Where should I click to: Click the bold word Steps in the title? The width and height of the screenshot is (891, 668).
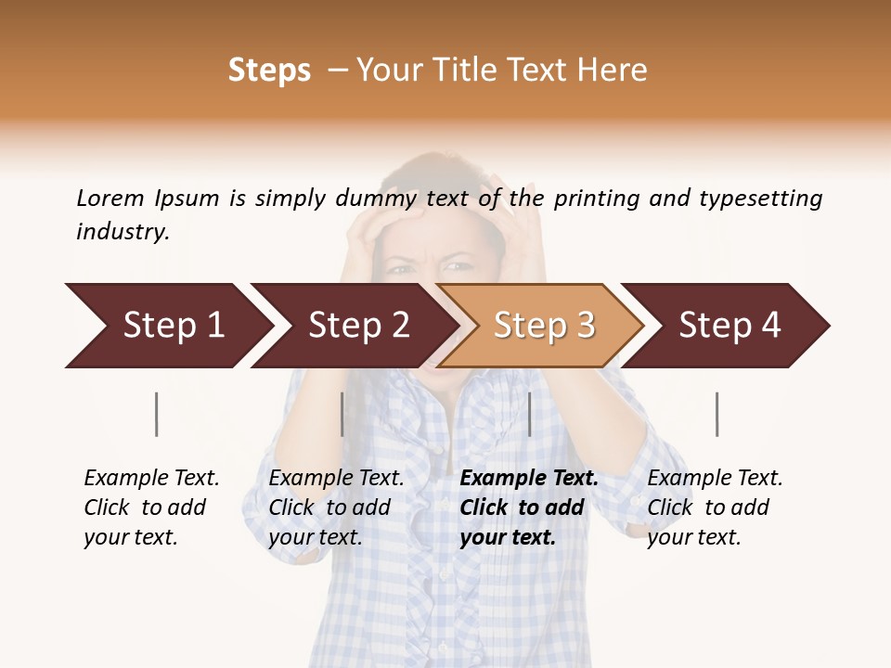(269, 71)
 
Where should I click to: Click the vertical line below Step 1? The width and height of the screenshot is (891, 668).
(157, 414)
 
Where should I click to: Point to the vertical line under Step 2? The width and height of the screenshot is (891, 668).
(342, 414)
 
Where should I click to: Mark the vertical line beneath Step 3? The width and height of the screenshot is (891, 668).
(529, 414)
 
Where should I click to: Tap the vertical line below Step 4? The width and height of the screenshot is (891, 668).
(717, 414)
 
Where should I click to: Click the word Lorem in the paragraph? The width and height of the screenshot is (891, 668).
(110, 199)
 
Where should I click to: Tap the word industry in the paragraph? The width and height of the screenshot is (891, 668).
(122, 232)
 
